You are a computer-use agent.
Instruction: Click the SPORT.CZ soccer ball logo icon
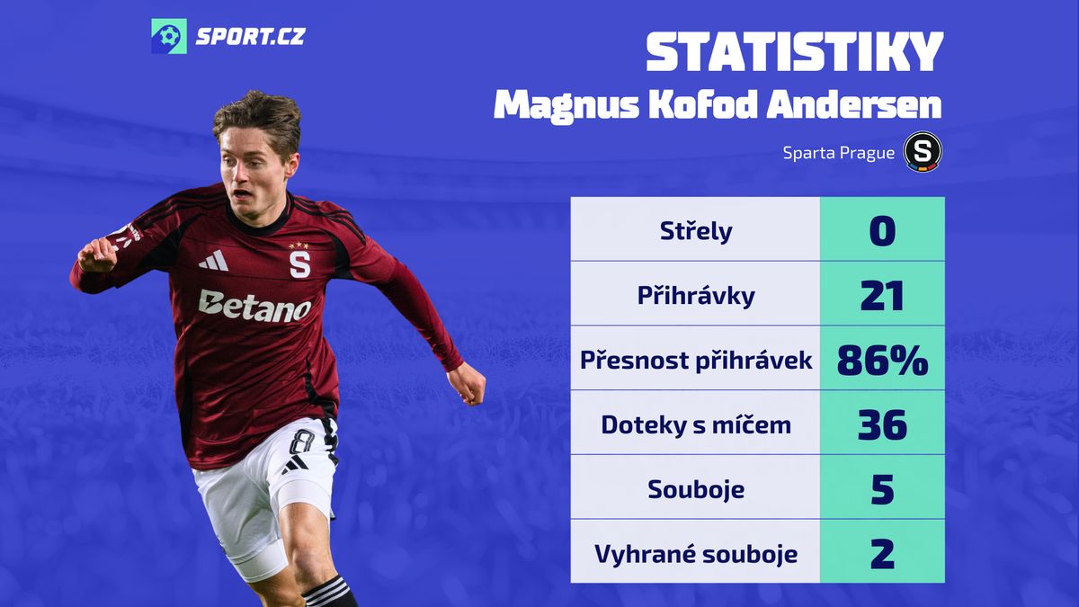click(x=169, y=36)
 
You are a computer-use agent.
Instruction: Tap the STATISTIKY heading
click(x=794, y=52)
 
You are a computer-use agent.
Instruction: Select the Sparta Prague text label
click(x=839, y=153)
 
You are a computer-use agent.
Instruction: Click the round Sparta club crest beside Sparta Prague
click(x=923, y=152)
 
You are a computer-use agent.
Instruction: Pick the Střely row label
click(x=696, y=231)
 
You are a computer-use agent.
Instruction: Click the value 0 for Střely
click(x=882, y=231)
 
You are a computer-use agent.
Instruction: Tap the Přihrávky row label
click(x=696, y=295)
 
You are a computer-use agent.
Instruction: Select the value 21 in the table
click(x=882, y=296)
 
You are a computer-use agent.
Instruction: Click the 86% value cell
click(x=882, y=360)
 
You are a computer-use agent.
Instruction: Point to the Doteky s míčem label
click(x=696, y=424)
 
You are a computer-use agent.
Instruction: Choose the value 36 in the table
click(x=882, y=424)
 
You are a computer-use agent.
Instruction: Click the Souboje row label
click(x=696, y=489)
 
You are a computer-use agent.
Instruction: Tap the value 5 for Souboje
click(x=882, y=489)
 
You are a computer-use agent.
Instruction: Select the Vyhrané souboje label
click(x=696, y=554)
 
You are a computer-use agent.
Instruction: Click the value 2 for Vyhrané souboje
click(x=882, y=554)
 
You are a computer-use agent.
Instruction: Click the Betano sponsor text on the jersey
click(x=254, y=307)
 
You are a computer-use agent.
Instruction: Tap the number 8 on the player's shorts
click(x=301, y=442)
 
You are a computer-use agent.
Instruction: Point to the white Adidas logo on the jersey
click(x=214, y=261)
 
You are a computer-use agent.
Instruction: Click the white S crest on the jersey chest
click(x=300, y=264)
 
